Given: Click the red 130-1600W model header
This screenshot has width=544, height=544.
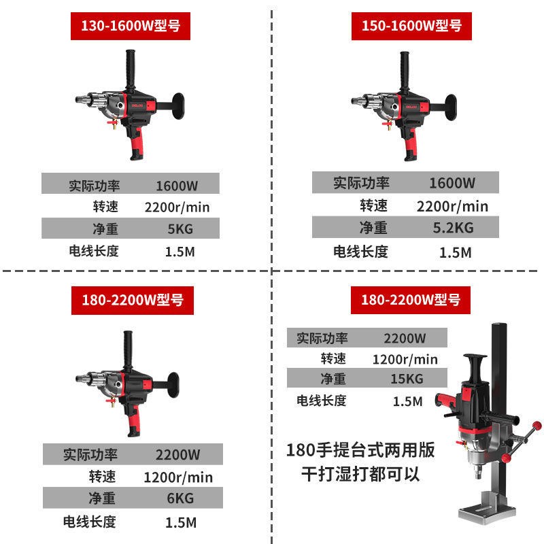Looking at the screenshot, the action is coord(130,27).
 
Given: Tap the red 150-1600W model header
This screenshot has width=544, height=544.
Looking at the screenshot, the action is coord(411,27).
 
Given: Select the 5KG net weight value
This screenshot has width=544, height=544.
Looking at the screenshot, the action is coord(180,229).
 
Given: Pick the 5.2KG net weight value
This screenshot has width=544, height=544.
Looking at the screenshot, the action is coord(454,228).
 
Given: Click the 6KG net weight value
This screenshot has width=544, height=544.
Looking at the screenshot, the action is coord(180,499).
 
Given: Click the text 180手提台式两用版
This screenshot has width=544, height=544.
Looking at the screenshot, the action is coord(361,450).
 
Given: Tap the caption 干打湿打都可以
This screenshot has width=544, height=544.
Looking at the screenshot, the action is coord(361,474).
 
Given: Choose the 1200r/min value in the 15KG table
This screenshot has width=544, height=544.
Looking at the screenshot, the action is coord(405,359).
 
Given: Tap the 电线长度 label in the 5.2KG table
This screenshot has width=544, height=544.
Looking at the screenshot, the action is coord(360,252).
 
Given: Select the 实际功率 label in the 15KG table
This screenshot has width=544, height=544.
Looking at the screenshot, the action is coord(322,338).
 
